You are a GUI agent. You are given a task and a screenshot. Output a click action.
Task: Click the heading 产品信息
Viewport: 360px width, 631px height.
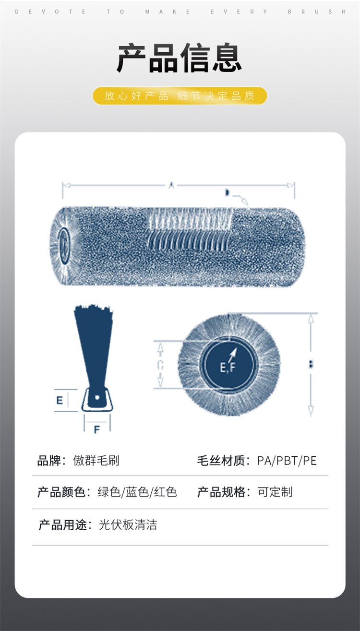tap(180, 58)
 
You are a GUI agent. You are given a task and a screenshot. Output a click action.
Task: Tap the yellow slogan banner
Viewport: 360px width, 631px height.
tap(180, 96)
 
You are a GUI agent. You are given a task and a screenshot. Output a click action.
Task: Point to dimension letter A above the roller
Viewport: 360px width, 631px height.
tap(171, 185)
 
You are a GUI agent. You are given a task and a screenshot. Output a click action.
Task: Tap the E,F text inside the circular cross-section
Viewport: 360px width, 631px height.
tap(228, 368)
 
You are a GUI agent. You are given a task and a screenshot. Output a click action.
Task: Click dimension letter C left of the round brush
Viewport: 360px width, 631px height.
tap(160, 365)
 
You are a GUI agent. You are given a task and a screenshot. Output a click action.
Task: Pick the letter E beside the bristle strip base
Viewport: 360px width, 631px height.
tap(60, 400)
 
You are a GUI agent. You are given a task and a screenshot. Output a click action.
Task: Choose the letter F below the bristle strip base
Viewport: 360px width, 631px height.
tap(96, 429)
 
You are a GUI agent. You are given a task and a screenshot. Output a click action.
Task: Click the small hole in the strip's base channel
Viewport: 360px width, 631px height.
tap(96, 398)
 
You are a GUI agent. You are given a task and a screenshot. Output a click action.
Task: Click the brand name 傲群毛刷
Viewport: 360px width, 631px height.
tap(96, 461)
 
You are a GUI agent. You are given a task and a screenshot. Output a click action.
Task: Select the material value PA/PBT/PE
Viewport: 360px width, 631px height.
tap(287, 461)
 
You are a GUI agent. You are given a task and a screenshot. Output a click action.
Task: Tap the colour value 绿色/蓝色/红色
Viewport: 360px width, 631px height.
tap(137, 492)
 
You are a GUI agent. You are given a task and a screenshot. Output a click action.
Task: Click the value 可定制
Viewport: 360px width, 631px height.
tap(275, 492)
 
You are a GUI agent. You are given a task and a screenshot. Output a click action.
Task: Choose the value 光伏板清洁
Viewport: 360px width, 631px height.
tap(128, 525)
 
